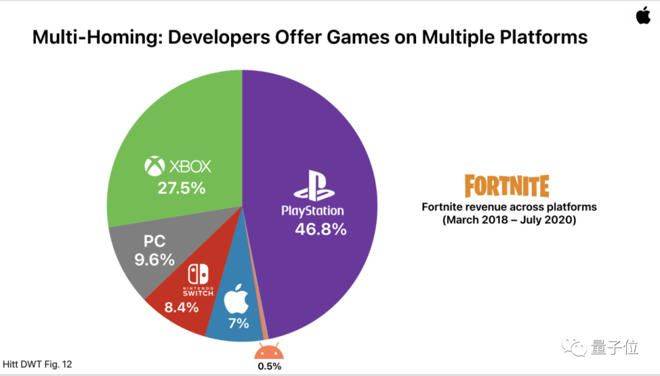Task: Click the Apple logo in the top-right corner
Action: point(643,15)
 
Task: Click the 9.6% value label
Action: point(155,259)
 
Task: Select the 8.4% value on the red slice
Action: point(182,307)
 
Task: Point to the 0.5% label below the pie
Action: point(269,366)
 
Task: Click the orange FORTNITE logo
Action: point(507,186)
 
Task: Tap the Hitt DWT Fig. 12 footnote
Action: point(38,364)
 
